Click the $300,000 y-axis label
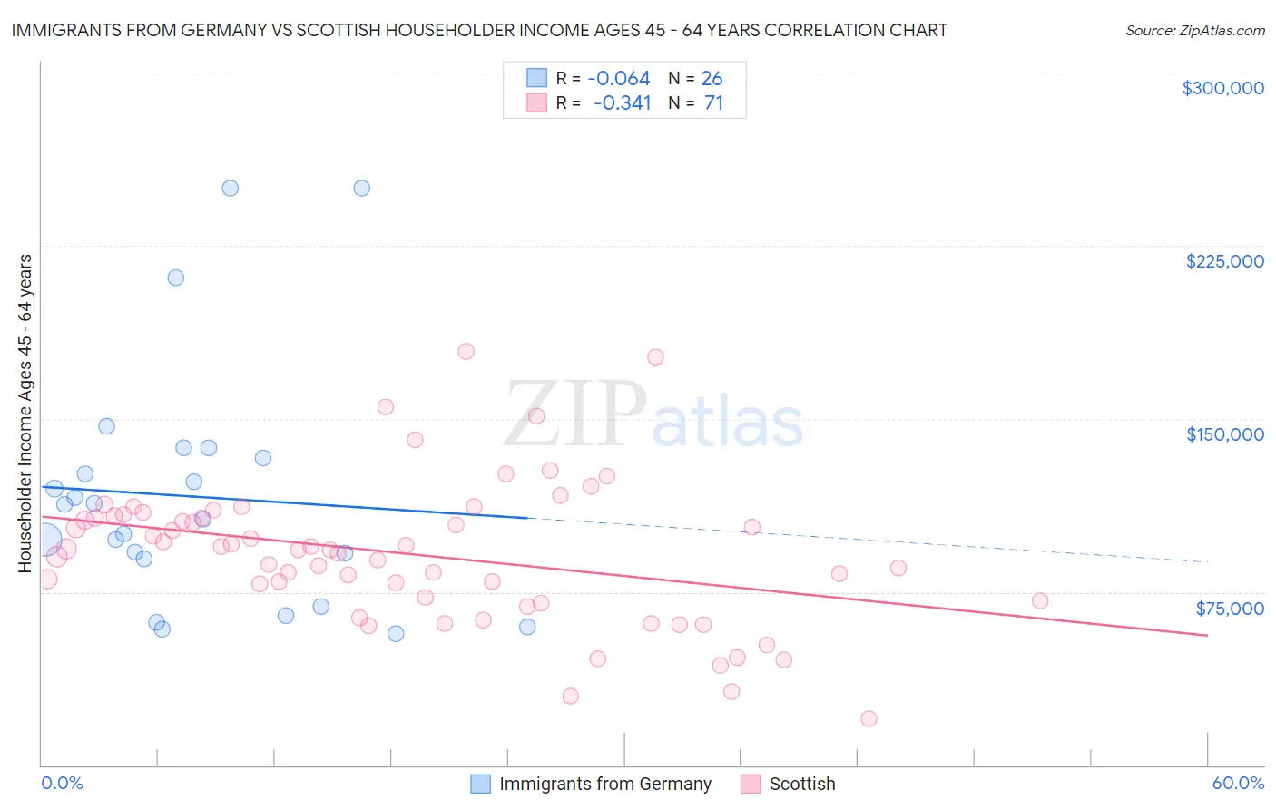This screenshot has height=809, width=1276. click(x=1222, y=88)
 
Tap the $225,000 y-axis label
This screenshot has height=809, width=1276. click(x=1224, y=261)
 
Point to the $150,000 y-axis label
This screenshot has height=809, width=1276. click(x=1224, y=434)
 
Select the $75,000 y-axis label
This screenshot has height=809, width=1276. click(x=1229, y=609)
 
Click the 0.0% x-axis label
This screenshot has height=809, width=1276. click(x=63, y=783)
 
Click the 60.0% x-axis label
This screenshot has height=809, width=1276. click(x=1237, y=783)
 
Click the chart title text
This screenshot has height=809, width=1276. click(x=479, y=31)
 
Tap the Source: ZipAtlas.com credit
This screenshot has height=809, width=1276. click(x=1194, y=31)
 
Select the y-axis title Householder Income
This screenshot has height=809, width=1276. click(x=25, y=413)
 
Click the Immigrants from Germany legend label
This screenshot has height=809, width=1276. click(x=604, y=784)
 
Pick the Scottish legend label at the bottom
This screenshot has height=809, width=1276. click(x=801, y=784)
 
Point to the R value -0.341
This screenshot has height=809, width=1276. click(x=623, y=103)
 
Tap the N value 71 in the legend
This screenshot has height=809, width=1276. click(x=713, y=103)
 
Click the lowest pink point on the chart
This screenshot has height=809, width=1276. click(x=869, y=718)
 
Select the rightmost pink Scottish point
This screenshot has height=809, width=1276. click(x=1040, y=600)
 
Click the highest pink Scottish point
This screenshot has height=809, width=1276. click(x=466, y=351)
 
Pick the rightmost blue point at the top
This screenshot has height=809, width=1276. click(x=361, y=189)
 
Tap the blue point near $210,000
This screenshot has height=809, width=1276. click(x=176, y=278)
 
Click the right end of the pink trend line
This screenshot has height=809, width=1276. click(x=1207, y=635)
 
